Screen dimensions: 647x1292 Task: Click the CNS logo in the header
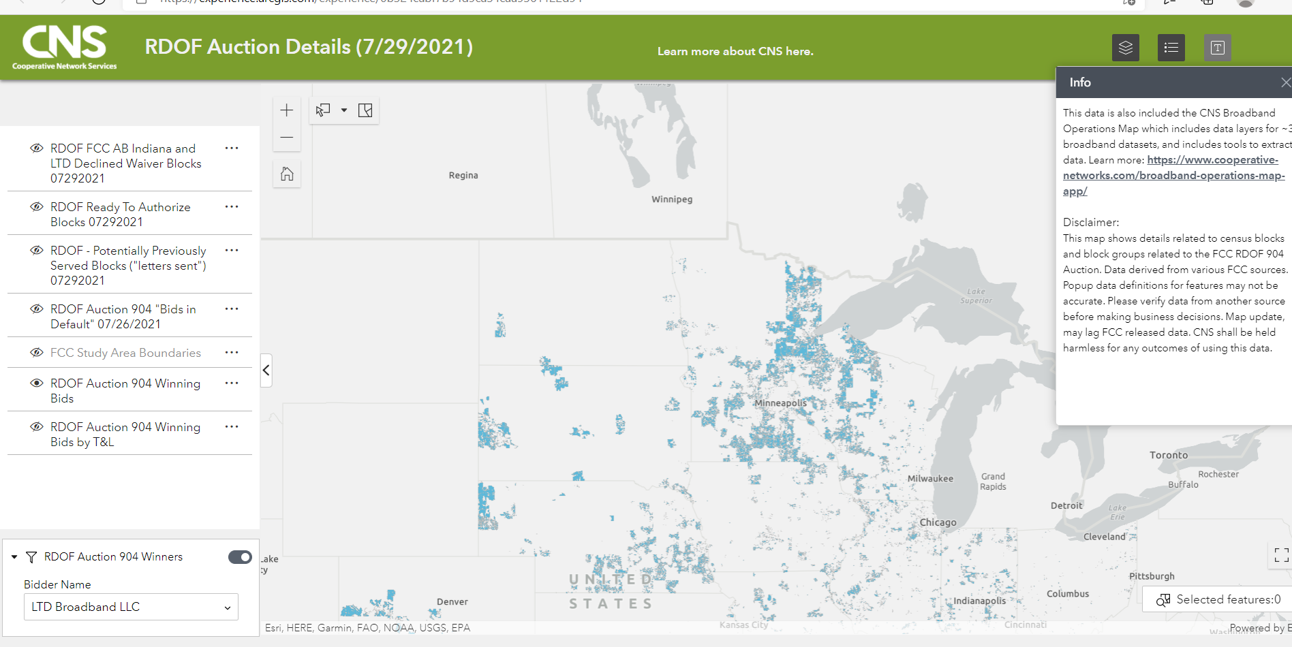[64, 47]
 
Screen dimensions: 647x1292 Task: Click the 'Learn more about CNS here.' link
[735, 52]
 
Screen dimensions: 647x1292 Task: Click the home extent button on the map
[287, 174]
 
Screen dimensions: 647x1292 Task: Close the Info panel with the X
[1285, 82]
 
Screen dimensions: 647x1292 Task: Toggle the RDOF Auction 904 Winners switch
[240, 557]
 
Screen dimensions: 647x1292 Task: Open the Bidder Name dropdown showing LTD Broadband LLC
[131, 607]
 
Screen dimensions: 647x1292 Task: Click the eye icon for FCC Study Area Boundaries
[37, 353]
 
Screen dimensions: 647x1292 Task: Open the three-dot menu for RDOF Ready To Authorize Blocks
[232, 206]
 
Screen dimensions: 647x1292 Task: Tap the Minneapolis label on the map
[780, 403]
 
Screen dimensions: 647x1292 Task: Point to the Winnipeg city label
[672, 200]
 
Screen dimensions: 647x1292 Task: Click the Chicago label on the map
[938, 522]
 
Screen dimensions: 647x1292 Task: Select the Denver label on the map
[452, 602]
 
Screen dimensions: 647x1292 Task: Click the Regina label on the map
[463, 176]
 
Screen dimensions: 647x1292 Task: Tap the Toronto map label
[1168, 455]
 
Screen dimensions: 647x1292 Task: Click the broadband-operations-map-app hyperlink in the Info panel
[1173, 176]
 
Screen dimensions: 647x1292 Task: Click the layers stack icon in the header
[1125, 48]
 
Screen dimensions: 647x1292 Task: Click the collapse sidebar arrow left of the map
[266, 370]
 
